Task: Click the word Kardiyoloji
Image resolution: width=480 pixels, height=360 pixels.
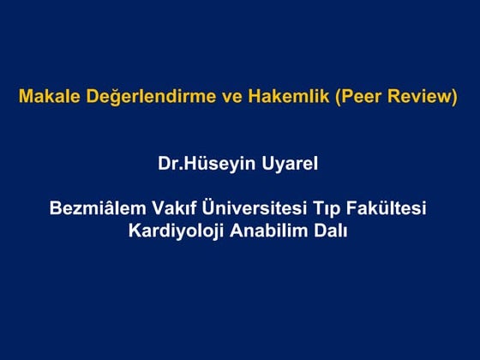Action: (x=174, y=231)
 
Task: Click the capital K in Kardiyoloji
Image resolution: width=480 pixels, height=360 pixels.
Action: (x=134, y=231)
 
